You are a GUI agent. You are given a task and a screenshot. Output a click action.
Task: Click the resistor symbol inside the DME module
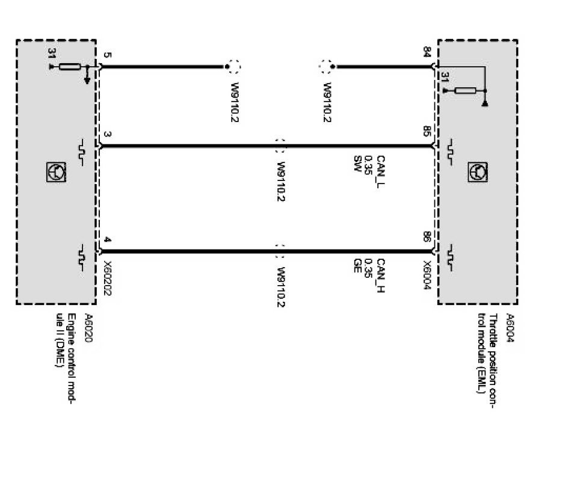click(70, 66)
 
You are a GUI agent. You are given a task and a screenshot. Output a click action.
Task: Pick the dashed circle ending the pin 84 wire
click(327, 66)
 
